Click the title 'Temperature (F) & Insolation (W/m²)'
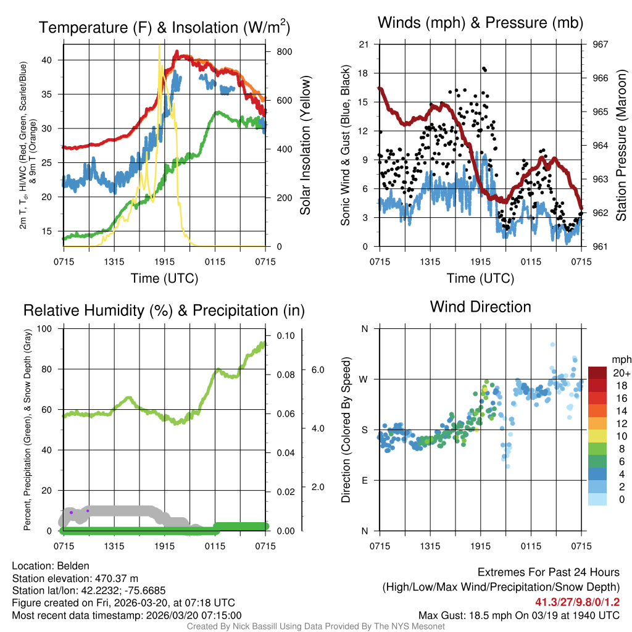[164, 27]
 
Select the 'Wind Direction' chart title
[480, 307]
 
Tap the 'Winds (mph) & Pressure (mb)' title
[480, 23]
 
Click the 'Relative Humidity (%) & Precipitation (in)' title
[164, 310]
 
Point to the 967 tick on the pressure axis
[601, 44]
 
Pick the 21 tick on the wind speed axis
[364, 44]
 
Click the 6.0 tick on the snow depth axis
[317, 370]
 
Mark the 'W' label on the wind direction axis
[364, 379]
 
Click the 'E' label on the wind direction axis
[364, 480]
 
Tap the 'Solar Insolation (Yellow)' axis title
[305, 145]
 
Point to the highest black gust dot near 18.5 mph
[484, 69]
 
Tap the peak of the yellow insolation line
[159, 46]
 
